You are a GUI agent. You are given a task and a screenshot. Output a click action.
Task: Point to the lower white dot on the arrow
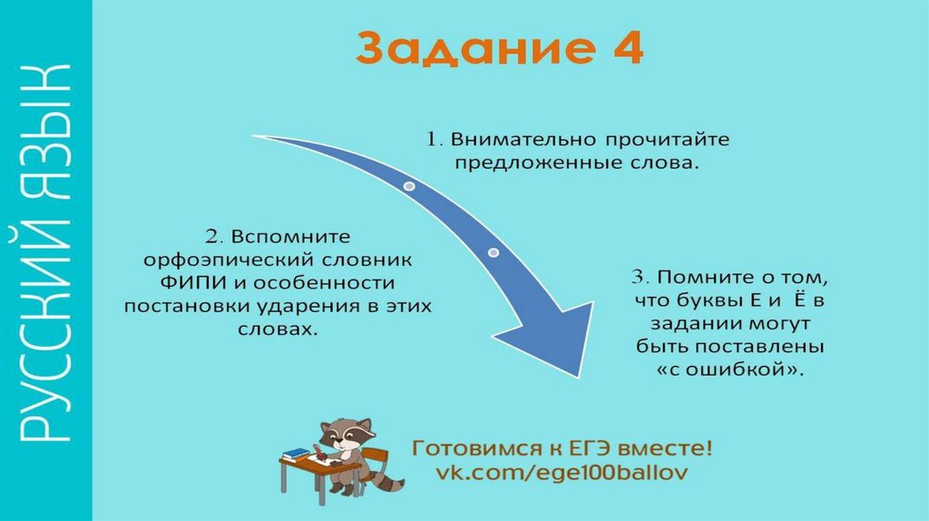pyautogui.click(x=494, y=251)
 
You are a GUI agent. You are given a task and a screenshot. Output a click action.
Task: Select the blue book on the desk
pyautogui.click(x=296, y=454)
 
